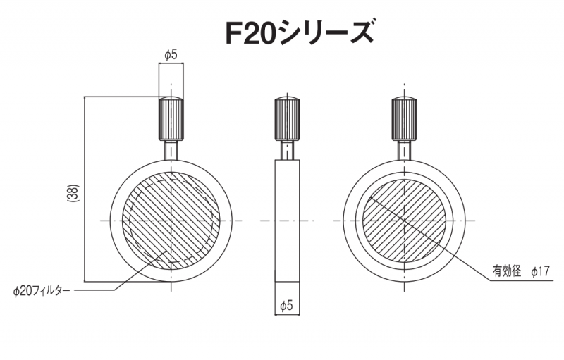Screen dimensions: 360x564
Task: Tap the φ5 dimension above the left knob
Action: pos(171,54)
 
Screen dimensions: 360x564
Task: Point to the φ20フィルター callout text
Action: pos(42,290)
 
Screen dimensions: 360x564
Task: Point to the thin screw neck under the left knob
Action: pos(171,151)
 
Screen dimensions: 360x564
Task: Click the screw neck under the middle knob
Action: pos(286,151)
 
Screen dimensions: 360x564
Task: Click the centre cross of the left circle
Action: pos(171,221)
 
